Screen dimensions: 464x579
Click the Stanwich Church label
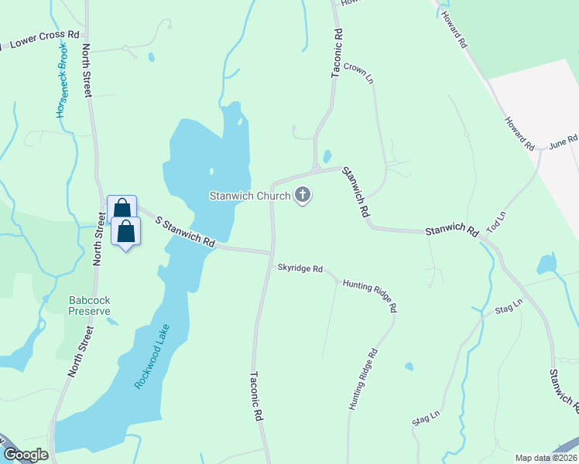(249, 196)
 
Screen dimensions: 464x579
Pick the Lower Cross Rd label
(45, 40)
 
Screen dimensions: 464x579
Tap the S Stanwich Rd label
(184, 232)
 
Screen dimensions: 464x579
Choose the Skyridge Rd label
(300, 268)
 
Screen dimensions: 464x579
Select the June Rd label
(564, 142)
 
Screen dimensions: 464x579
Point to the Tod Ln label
(496, 222)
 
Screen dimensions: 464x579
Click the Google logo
(26, 455)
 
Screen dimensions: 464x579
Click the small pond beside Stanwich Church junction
(327, 156)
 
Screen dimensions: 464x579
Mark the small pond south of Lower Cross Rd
(151, 56)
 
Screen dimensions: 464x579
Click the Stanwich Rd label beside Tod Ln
(451, 229)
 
